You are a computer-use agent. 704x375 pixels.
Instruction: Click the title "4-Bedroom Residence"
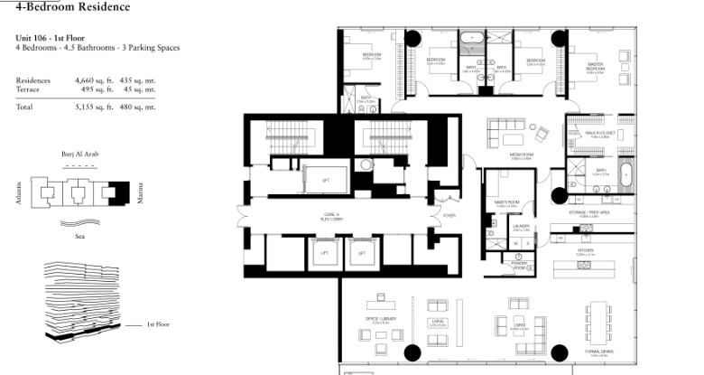coord(72,7)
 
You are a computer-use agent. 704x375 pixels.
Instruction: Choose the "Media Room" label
coord(518,155)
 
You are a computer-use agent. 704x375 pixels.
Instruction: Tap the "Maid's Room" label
coord(493,204)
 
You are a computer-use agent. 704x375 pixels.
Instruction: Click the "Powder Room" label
coord(520,267)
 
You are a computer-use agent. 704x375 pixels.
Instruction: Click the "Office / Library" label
coord(377,319)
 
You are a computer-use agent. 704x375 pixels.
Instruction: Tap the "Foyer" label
coord(449,215)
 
